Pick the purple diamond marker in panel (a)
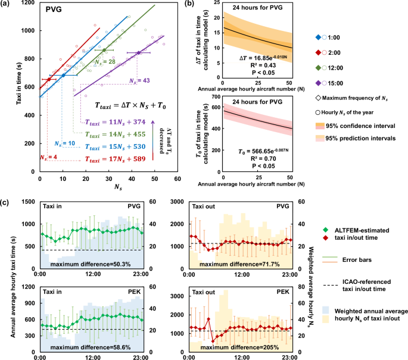(x=139, y=53)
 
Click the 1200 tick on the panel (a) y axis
(x=25, y=6)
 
